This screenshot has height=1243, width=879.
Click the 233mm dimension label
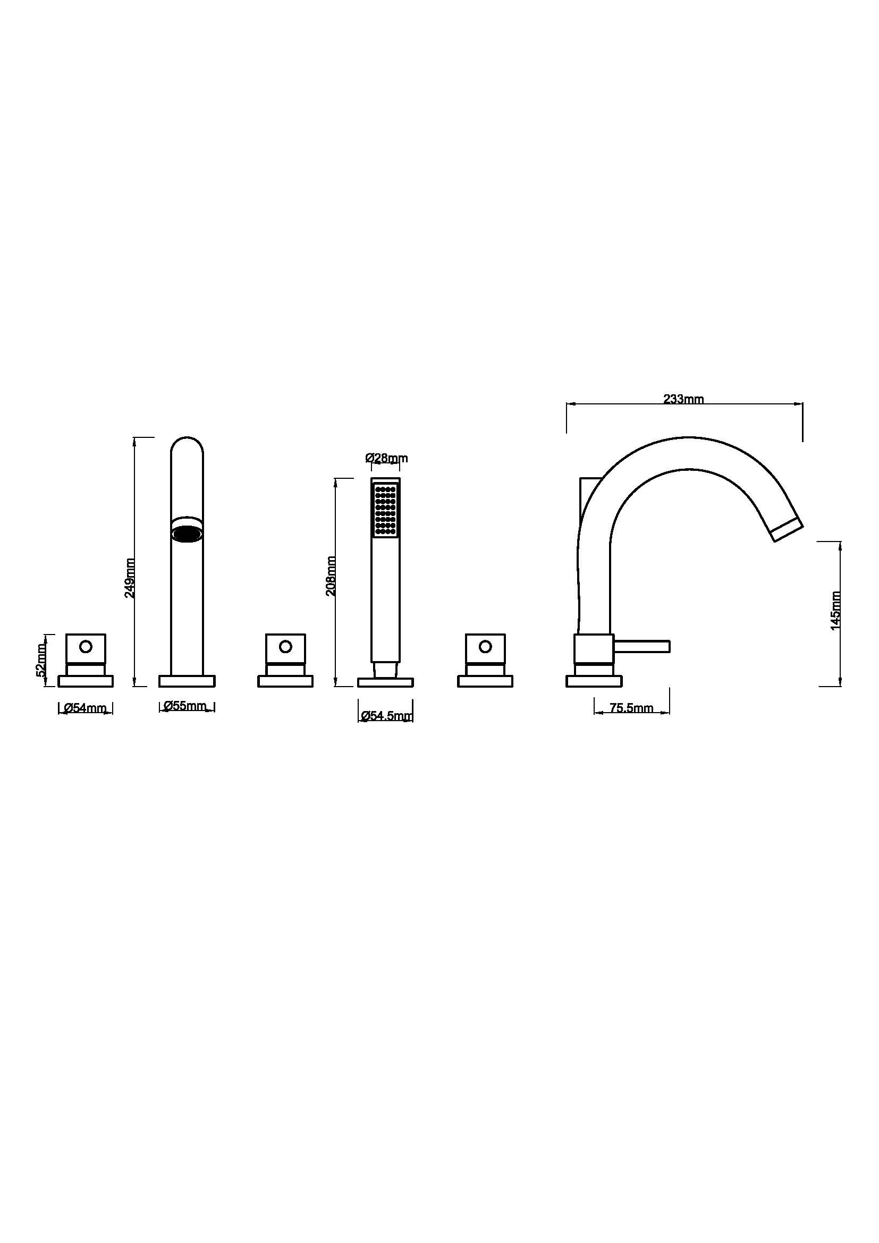click(683, 399)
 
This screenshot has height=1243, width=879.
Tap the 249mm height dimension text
click(130, 578)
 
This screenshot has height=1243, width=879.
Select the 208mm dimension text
click(331, 576)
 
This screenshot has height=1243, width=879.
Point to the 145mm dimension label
click(836, 610)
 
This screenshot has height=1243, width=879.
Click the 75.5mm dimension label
click(631, 707)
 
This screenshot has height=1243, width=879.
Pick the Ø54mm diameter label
click(85, 707)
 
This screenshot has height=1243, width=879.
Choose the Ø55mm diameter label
click(185, 705)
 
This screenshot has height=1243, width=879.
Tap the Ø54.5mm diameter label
click(386, 716)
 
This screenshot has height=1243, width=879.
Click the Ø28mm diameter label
click(386, 458)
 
